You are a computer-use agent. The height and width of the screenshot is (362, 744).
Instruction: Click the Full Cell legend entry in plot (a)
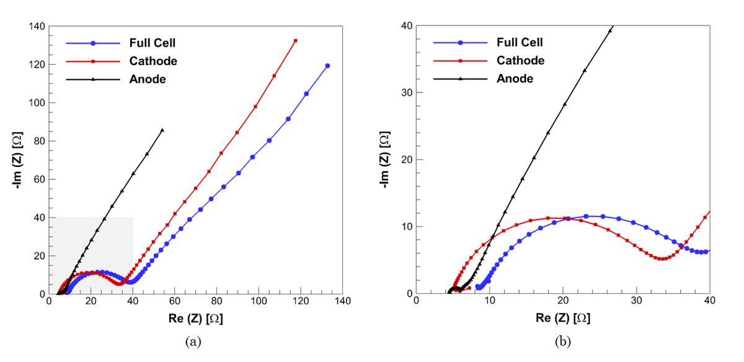(153, 43)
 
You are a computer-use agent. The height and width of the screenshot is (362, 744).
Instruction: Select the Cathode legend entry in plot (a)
(153, 61)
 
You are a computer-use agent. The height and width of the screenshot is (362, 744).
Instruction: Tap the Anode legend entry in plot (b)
(515, 79)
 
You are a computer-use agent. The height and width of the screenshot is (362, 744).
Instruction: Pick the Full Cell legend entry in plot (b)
(520, 43)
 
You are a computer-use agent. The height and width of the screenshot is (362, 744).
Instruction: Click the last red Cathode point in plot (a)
(296, 41)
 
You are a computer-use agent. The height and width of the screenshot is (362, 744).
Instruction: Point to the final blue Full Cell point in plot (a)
(327, 66)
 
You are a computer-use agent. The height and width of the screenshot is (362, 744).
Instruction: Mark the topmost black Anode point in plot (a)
(162, 130)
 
